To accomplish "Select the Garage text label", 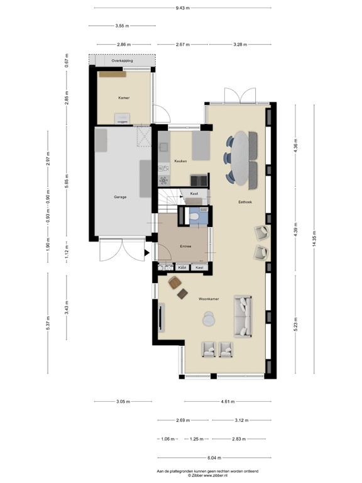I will [x=120, y=197].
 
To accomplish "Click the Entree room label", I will [x=185, y=247].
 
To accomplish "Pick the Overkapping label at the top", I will [x=123, y=61].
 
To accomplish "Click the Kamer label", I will [x=123, y=98].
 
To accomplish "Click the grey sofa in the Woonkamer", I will [x=242, y=316].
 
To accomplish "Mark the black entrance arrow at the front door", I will [x=147, y=253].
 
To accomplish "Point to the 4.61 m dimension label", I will [x=229, y=401].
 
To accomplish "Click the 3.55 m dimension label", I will [x=123, y=26].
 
